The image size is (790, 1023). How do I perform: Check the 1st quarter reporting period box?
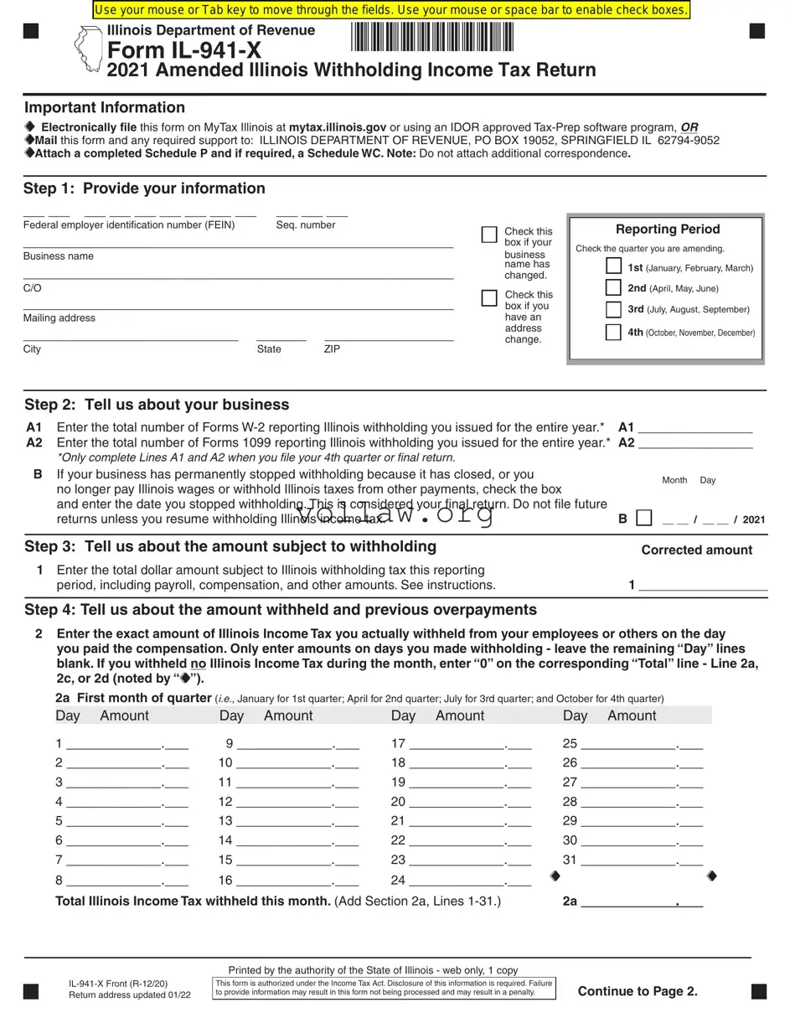click(613, 266)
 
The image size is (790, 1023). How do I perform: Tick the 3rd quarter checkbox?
click(613, 309)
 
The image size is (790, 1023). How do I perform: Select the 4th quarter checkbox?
click(613, 332)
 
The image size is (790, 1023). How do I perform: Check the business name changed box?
click(489, 235)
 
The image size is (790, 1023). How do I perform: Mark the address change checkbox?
click(489, 297)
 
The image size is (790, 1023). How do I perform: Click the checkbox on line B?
click(643, 518)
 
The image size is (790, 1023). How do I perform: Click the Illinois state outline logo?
click(87, 50)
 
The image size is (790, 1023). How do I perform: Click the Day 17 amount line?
click(457, 743)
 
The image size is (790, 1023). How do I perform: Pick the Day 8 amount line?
click(114, 880)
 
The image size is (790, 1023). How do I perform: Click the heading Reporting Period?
click(667, 230)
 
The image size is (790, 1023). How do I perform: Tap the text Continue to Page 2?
click(638, 991)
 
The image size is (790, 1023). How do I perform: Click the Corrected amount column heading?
click(696, 550)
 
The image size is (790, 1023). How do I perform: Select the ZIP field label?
click(332, 349)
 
